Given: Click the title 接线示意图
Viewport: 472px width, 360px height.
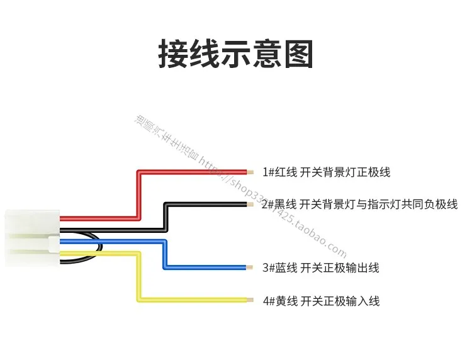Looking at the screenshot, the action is [x=235, y=54].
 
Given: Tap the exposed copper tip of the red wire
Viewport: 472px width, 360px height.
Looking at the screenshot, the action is [x=250, y=171].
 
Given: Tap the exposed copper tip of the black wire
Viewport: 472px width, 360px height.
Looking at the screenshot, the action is [x=250, y=204].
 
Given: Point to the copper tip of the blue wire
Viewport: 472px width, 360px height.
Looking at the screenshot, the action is [x=250, y=268].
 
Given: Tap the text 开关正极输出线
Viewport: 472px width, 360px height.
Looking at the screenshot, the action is [x=340, y=268].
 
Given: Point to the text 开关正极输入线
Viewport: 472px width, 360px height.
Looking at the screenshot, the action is [x=340, y=301].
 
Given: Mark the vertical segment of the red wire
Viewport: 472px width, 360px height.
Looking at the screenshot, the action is [x=138, y=195].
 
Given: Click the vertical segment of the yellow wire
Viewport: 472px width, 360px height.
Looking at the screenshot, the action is [x=138, y=277].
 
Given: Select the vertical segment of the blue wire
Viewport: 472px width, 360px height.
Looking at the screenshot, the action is [x=165, y=254].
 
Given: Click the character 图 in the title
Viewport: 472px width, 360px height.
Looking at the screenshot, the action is [x=298, y=54].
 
